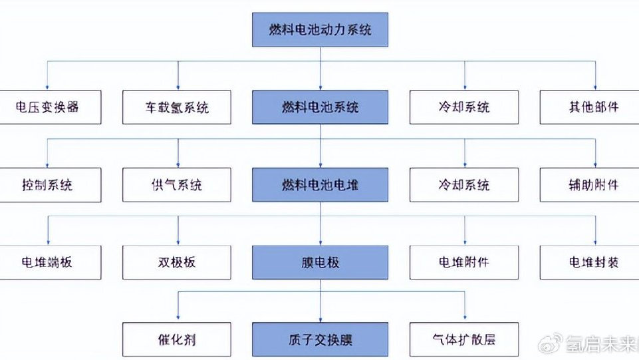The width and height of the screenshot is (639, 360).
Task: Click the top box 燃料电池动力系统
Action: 320,30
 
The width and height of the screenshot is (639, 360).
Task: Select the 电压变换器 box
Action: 51,107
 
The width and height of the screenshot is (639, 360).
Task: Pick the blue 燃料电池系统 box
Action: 320,107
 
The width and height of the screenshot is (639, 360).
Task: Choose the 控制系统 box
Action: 51,185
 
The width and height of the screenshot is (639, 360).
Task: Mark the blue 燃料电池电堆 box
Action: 320,185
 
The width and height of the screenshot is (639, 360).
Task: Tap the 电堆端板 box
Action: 51,262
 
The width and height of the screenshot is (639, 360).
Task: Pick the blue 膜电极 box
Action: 320,262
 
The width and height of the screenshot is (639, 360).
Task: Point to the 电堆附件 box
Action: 464,262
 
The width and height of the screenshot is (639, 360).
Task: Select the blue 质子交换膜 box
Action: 320,339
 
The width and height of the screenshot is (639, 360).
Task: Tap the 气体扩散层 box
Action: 464,339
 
